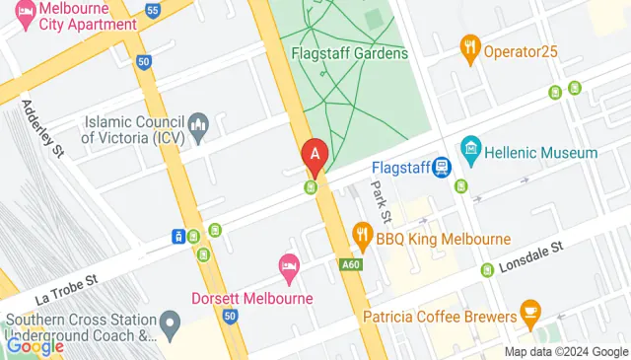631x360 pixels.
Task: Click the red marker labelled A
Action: tap(315, 155)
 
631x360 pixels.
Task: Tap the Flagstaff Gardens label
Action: tap(350, 53)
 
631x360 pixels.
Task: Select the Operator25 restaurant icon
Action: tap(470, 45)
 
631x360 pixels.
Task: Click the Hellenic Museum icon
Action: tap(470, 153)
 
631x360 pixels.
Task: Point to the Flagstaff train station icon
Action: tap(440, 168)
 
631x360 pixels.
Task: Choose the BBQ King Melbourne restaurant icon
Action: tap(362, 235)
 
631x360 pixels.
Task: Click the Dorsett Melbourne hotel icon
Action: tap(288, 265)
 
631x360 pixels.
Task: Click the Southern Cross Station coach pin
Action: tap(171, 322)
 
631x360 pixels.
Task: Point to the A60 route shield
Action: tap(350, 264)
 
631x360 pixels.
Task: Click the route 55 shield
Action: tap(152, 10)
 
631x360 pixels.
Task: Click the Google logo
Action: tap(35, 345)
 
